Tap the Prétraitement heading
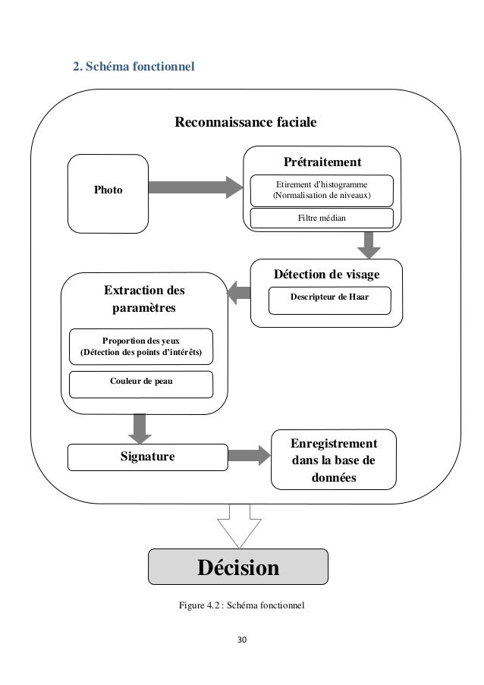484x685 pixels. point(322,162)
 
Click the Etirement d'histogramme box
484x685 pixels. point(322,190)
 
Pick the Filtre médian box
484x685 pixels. point(322,218)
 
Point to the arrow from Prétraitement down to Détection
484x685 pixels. point(370,244)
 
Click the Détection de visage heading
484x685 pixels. point(326,274)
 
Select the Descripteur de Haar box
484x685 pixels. point(329,298)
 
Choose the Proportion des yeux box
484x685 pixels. point(142,347)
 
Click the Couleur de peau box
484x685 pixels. point(142,382)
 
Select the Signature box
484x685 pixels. point(148,457)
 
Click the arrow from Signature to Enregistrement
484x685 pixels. point(249,456)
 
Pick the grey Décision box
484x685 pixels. point(238,567)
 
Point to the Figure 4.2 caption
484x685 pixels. point(240,605)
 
